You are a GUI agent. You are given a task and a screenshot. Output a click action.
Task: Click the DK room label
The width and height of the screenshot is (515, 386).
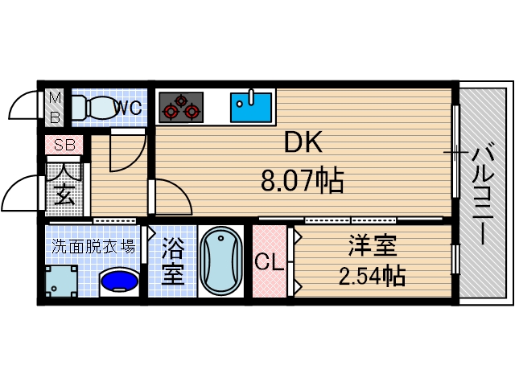pyautogui.click(x=303, y=145)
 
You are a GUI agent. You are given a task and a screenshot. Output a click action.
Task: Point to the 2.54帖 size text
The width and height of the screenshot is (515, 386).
pyautogui.click(x=371, y=277)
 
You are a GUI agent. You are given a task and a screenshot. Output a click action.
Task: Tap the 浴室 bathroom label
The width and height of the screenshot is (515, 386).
pyautogui.click(x=173, y=262)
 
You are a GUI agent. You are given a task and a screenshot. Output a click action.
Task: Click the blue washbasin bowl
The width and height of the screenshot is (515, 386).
pyautogui.click(x=118, y=281)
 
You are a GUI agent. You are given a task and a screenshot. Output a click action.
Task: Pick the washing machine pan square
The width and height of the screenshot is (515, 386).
pyautogui.click(x=63, y=281)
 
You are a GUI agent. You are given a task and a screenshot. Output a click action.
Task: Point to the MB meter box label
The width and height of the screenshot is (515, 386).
pyautogui.click(x=55, y=107)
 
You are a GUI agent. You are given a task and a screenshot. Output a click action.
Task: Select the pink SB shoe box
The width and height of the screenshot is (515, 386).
pyautogui.click(x=64, y=146)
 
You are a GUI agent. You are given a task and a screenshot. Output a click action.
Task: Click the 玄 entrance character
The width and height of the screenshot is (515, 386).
pyautogui.click(x=64, y=194)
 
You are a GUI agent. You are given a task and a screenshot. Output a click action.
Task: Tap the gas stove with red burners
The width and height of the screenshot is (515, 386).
pyautogui.click(x=180, y=106)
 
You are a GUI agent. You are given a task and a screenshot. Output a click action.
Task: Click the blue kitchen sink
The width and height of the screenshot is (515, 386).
pyautogui.click(x=252, y=106)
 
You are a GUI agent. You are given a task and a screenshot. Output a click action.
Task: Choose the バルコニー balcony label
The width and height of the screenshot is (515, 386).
pyautogui.click(x=482, y=193)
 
